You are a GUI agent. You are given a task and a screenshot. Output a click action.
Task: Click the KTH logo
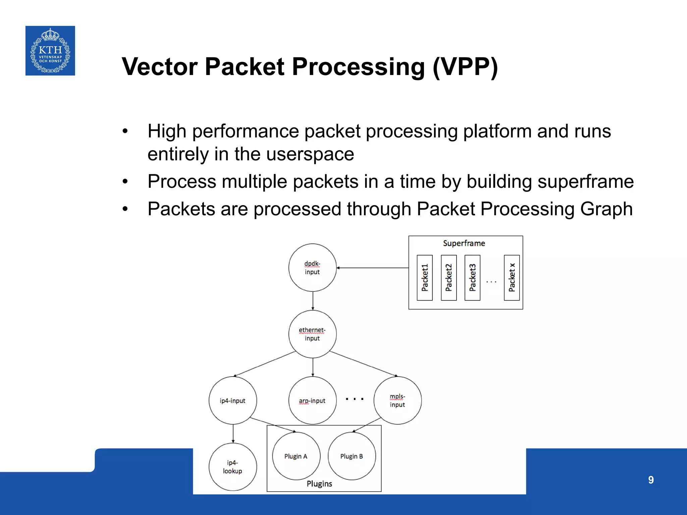50,51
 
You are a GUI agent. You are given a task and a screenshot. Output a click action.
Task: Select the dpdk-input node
312,268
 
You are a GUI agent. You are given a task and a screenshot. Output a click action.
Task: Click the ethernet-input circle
312,334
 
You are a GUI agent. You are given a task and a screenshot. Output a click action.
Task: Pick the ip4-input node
232,400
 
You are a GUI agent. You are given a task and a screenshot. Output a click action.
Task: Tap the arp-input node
312,400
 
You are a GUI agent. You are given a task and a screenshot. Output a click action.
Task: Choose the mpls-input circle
398,400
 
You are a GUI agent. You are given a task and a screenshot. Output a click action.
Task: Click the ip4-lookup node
232,467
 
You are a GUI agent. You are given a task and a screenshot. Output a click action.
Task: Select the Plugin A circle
296,456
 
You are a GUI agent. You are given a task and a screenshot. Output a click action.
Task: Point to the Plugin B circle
352,456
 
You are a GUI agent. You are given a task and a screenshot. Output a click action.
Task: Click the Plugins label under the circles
319,483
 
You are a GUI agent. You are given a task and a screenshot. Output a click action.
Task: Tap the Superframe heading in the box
464,243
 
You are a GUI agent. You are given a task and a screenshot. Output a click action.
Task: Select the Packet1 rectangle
425,278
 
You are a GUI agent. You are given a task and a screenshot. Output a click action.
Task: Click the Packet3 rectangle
472,278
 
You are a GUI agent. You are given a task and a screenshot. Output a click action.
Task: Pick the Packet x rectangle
512,278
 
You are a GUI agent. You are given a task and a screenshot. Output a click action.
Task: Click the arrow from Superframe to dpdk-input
372,268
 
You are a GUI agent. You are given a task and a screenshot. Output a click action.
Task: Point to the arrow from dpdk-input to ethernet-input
313,301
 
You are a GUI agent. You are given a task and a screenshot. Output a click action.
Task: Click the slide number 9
651,480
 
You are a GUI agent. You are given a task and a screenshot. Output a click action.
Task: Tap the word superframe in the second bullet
585,181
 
